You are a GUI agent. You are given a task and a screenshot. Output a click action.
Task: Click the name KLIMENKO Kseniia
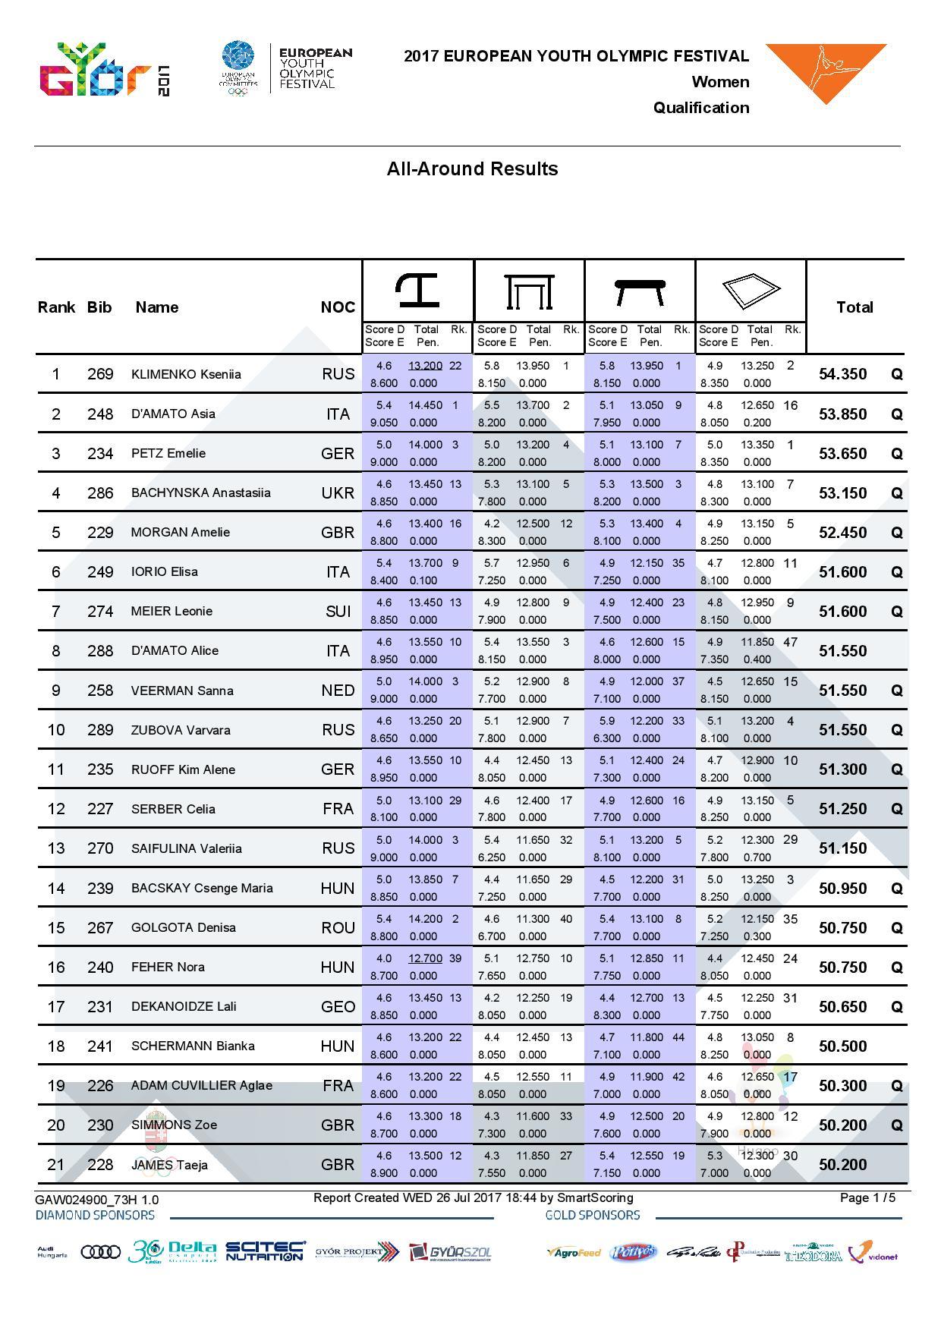[186, 374]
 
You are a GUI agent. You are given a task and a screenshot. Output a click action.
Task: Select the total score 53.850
[842, 414]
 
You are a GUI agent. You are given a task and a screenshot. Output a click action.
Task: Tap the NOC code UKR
[338, 493]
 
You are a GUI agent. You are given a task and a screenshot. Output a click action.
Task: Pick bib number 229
[100, 533]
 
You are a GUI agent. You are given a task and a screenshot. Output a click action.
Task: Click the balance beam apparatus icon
[640, 291]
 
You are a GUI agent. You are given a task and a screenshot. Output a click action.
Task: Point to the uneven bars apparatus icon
[530, 291]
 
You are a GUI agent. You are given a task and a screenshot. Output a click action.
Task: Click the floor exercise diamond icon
[751, 290]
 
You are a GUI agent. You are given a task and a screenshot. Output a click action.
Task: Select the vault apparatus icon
[417, 290]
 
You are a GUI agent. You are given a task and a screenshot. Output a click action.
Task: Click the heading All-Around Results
[472, 168]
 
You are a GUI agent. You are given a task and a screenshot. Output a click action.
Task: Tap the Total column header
[854, 307]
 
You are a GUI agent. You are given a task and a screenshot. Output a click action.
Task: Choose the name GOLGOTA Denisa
[184, 927]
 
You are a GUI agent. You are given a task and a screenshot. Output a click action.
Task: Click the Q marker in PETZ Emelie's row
[897, 454]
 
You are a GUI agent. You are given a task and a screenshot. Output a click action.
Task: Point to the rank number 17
[56, 1007]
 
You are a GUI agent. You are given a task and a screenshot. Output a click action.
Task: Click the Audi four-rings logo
[100, 1252]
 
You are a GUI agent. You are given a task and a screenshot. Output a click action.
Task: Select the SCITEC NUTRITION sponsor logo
[265, 1251]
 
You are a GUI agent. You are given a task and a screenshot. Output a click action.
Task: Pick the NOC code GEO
[338, 1007]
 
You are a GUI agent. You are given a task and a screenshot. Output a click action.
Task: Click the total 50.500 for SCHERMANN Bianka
[842, 1046]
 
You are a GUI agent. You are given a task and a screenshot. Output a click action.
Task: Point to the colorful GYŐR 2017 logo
[104, 71]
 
